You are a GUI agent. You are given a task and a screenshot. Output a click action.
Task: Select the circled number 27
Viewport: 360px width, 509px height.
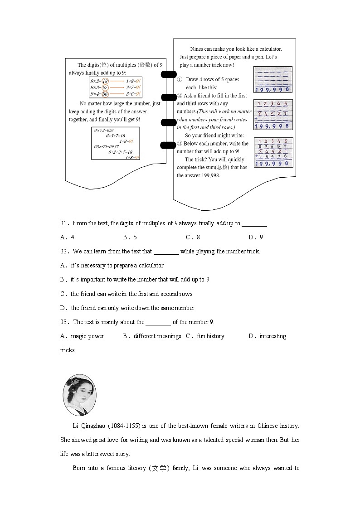click(x=105, y=87)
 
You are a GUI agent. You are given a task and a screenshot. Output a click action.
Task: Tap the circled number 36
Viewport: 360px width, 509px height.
click(x=105, y=94)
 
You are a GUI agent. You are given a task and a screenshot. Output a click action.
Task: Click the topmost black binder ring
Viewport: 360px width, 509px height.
click(x=169, y=74)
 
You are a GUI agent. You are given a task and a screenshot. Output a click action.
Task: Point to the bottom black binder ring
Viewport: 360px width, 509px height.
click(x=169, y=145)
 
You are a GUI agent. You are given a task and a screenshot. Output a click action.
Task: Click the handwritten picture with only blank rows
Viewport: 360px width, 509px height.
click(x=273, y=79)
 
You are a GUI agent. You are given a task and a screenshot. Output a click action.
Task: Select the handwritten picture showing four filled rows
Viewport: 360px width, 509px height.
click(x=273, y=152)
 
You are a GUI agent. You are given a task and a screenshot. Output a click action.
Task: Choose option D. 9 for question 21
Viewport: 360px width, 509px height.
click(x=256, y=237)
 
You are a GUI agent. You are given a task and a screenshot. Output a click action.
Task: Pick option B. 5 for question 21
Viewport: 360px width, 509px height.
click(x=130, y=237)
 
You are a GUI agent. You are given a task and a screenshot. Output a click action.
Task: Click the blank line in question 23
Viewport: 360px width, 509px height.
click(x=158, y=323)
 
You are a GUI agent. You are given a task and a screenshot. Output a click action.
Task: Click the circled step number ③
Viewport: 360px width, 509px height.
click(x=180, y=144)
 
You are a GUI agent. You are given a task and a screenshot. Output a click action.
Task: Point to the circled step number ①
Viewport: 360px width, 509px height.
click(x=180, y=79)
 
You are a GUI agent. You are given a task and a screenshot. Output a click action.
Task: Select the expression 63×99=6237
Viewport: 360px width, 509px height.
click(x=106, y=146)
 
